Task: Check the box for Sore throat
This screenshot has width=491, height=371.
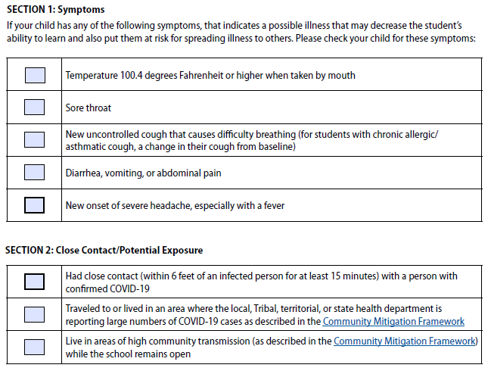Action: click(35, 108)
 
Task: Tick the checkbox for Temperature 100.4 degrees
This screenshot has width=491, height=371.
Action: click(35, 75)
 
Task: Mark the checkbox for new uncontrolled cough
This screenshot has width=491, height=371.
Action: click(35, 140)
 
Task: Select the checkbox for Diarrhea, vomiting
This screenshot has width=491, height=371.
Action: click(35, 173)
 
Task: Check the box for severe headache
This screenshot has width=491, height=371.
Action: click(35, 205)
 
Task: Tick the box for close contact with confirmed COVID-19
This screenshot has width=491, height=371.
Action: click(35, 282)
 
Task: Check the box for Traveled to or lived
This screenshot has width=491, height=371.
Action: click(35, 314)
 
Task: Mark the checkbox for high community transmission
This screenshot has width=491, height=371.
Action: click(35, 347)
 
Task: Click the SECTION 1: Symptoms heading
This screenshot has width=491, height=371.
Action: click(55, 10)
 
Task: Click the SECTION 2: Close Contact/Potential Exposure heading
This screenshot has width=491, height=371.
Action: click(104, 250)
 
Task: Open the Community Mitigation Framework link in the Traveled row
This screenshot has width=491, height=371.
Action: click(393, 321)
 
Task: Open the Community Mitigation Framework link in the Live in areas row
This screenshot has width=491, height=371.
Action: click(405, 341)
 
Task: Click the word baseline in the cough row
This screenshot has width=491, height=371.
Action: click(274, 146)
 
